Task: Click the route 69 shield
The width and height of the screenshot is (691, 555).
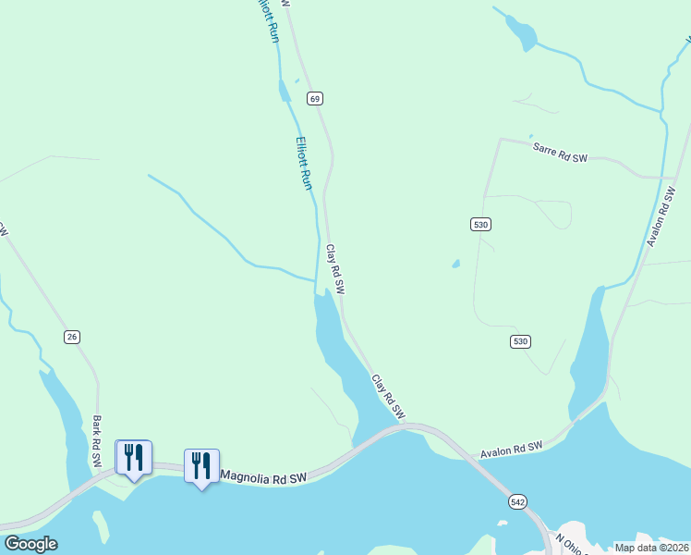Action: pyautogui.click(x=315, y=98)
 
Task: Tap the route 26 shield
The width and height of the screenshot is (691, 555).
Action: pyautogui.click(x=72, y=337)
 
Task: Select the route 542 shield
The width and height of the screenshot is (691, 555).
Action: pyautogui.click(x=517, y=500)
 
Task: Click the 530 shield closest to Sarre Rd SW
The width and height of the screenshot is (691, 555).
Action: pyautogui.click(x=480, y=224)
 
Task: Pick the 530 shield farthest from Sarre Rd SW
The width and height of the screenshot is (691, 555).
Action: pyautogui.click(x=520, y=342)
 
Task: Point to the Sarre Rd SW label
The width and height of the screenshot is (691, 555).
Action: pyautogui.click(x=560, y=152)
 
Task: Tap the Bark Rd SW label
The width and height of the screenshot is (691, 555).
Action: pyautogui.click(x=97, y=434)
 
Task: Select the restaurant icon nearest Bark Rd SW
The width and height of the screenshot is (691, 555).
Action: pyautogui.click(x=133, y=458)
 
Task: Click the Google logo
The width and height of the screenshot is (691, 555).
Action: pyautogui.click(x=30, y=544)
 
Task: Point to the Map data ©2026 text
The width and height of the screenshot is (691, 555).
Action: pyautogui.click(x=651, y=548)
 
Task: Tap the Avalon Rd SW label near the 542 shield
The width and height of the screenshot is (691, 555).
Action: pyautogui.click(x=511, y=450)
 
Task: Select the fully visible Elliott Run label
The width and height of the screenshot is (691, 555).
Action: pyautogui.click(x=304, y=164)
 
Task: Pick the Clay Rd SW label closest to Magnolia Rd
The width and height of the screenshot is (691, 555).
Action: pyautogui.click(x=389, y=396)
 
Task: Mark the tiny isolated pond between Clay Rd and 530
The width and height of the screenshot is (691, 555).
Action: pyautogui.click(x=455, y=265)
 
